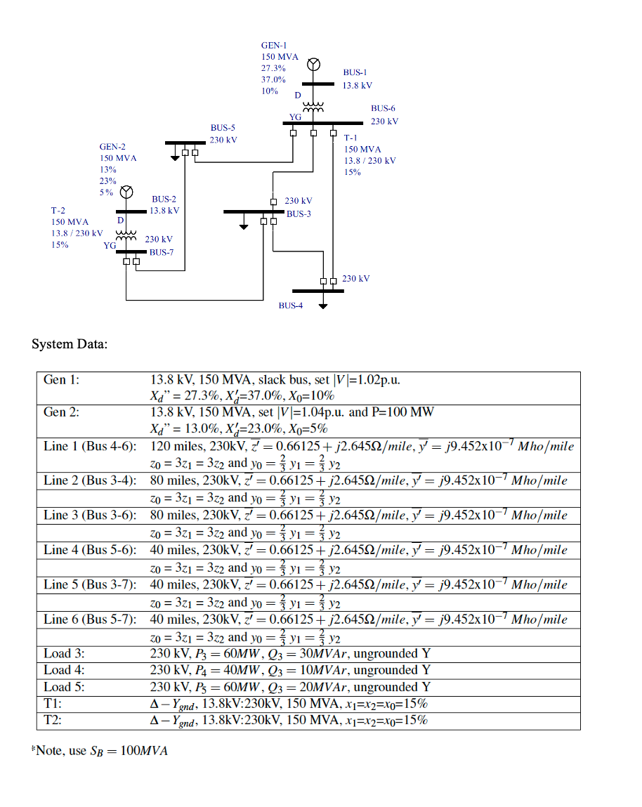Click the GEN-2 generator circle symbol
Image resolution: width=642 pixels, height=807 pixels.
126,192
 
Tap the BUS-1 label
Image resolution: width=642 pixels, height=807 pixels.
355,72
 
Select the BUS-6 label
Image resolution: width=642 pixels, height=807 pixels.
383,109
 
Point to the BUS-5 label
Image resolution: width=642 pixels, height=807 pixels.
223,128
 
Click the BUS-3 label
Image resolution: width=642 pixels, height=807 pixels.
299,214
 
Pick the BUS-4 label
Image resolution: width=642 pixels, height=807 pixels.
290,306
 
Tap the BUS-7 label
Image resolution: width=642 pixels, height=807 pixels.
161,252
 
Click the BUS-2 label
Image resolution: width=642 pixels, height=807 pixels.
164,199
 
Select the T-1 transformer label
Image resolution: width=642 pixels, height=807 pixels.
351,138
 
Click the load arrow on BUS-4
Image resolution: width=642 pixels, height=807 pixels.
323,304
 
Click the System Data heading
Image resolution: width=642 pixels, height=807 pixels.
70,344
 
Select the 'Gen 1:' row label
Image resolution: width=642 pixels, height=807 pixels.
62,380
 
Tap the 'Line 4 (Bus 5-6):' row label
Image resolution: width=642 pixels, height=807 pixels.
90,550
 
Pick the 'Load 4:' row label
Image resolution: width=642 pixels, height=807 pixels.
64,670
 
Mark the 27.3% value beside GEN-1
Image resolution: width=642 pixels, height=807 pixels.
273,68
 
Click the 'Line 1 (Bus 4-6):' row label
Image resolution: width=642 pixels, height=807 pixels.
90,447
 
